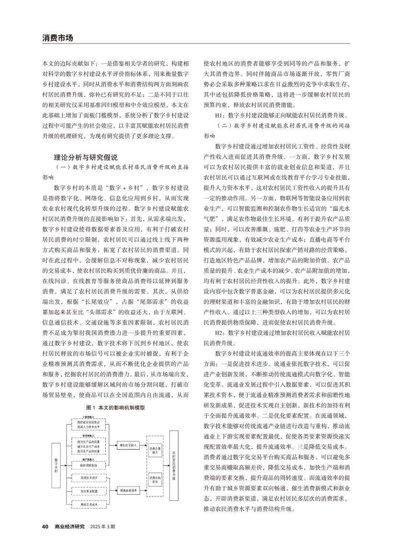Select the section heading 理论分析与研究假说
pyautogui.click(x=86, y=157)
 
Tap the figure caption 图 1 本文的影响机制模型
pyautogui.click(x=115, y=407)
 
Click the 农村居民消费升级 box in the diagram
pyautogui.click(x=174, y=463)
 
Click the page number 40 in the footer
pyautogui.click(x=45, y=526)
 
